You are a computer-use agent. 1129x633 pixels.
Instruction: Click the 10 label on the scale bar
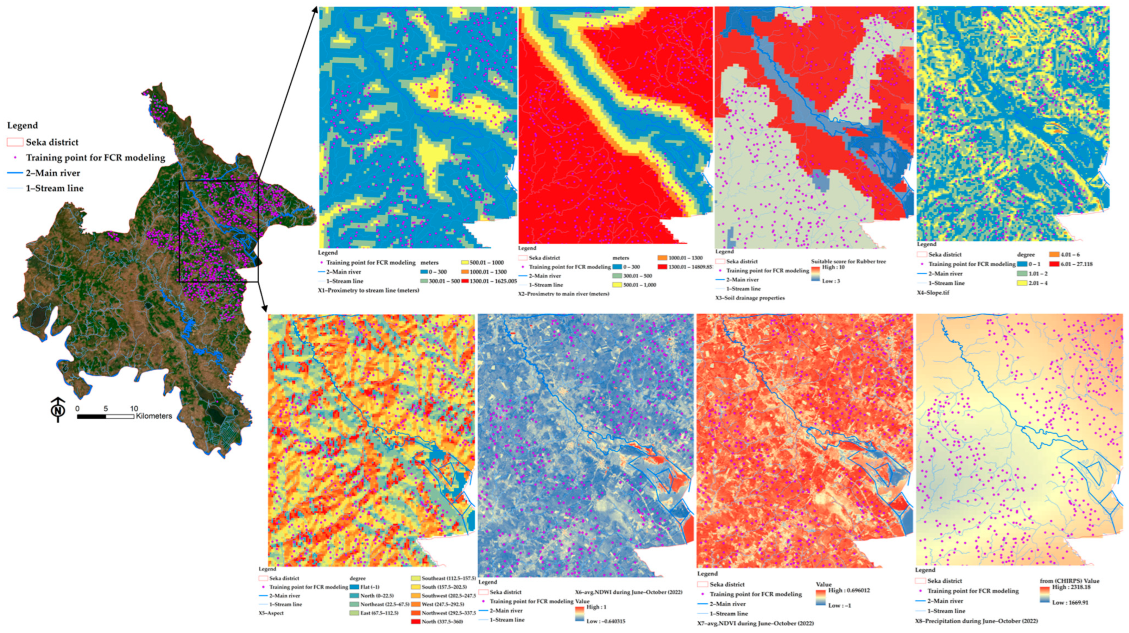134,408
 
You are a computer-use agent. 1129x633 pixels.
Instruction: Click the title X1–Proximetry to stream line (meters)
369,290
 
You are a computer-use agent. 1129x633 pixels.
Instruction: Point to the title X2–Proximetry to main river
564,294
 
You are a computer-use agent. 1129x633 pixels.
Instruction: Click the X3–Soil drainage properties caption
750,298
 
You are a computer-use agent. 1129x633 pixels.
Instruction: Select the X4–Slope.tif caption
933,293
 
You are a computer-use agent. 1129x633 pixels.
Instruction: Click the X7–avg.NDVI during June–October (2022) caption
755,623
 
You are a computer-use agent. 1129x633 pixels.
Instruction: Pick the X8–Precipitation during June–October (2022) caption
976,621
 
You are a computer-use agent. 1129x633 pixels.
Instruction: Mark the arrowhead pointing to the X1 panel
315,10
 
